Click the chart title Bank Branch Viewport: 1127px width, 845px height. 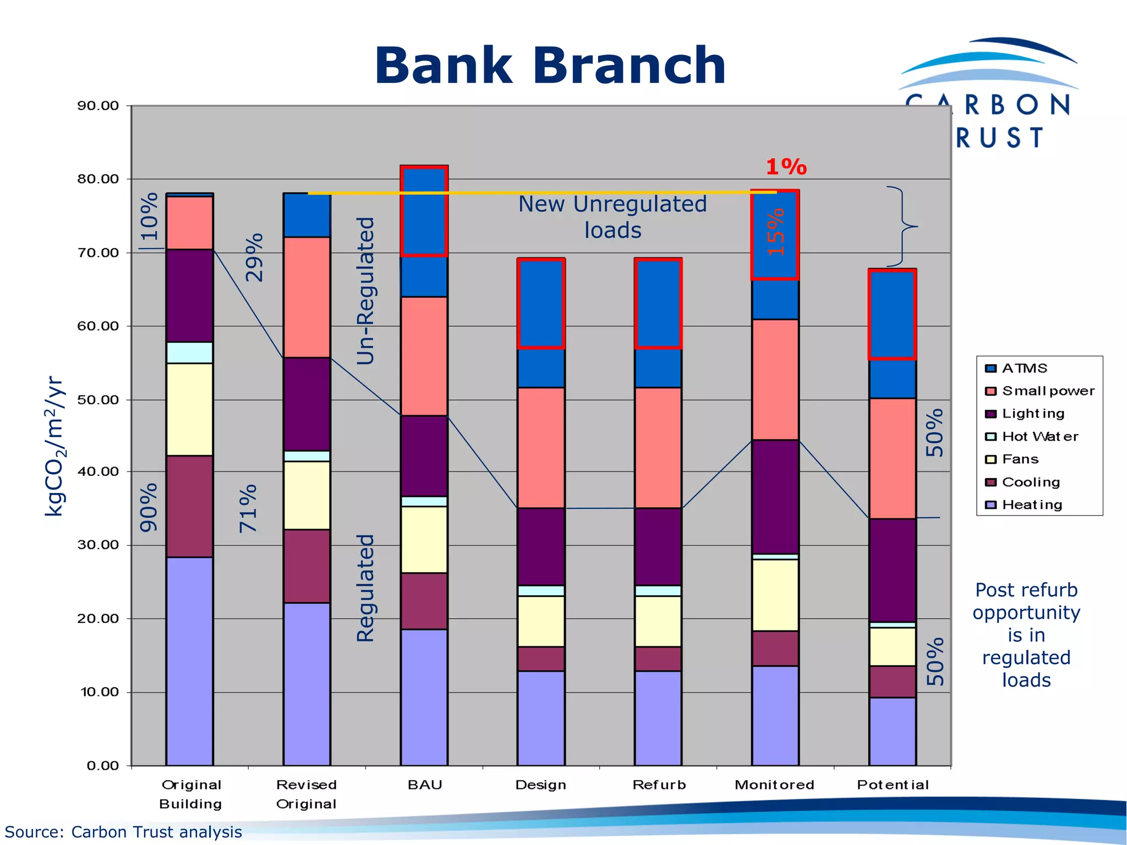pos(550,66)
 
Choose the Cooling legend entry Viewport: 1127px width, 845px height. pos(1030,482)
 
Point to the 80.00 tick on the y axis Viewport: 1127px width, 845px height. pos(98,179)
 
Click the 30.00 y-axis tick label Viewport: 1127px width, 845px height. pos(98,545)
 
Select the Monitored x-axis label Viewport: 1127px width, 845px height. pos(774,784)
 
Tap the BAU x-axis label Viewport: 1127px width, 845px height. pos(424,784)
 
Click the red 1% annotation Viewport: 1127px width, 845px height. pos(786,167)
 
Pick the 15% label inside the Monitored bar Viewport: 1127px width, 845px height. pos(775,232)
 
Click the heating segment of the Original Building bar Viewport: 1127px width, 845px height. pos(189,660)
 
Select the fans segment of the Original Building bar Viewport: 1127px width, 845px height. pos(189,409)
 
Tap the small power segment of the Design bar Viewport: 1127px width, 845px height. pos(541,447)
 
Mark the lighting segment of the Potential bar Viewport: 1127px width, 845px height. pos(892,570)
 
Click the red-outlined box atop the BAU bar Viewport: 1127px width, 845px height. pos(424,211)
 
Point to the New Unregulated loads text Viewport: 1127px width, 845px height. pos(612,217)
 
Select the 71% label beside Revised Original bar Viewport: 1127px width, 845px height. pos(248,508)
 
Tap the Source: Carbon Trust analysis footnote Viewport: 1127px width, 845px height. pos(123,832)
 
